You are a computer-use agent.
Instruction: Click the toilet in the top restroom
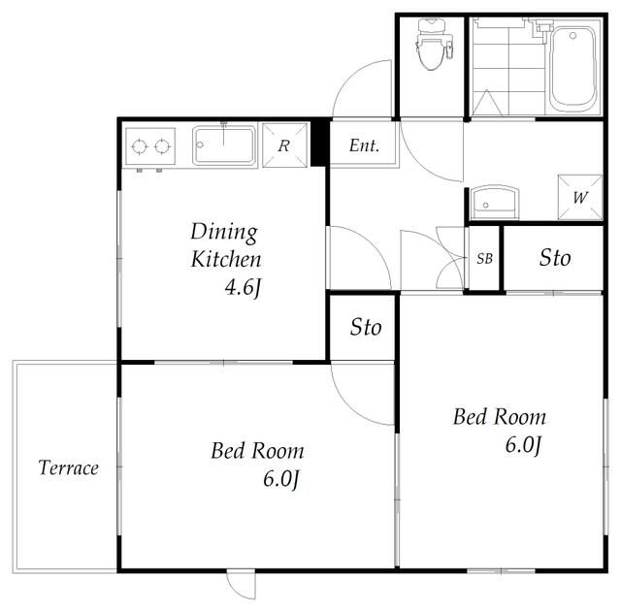pos(434,44)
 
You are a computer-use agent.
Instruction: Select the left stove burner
pos(140,146)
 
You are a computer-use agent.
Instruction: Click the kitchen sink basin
pos(224,145)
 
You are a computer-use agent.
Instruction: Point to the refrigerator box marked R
pos(284,145)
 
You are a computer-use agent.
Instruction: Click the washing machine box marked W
pos(580,197)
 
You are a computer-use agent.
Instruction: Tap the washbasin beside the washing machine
pos(495,203)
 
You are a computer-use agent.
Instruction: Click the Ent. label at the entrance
pos(365,145)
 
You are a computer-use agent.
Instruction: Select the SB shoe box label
pos(485,259)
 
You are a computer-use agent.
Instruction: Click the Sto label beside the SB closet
pos(555,258)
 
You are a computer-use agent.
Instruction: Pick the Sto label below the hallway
pos(366,327)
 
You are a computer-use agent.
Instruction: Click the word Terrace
pos(69,467)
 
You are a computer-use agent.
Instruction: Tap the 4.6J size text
pos(244,287)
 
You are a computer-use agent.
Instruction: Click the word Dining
pos(224,233)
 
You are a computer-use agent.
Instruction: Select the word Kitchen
pos(226,259)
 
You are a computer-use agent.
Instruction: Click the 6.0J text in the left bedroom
pos(280,479)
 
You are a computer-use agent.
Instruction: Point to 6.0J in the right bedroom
pos(523,445)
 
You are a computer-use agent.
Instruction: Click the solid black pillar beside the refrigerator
pos(320,143)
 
